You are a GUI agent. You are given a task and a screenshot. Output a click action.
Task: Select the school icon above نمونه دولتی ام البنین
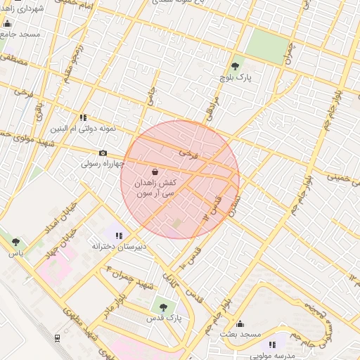[x=83, y=118]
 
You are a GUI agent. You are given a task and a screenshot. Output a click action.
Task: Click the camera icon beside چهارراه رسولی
[x=103, y=153]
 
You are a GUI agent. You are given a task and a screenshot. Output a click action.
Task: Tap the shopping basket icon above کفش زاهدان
[x=155, y=172]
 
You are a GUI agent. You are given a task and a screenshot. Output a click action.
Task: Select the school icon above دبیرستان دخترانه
[x=119, y=236]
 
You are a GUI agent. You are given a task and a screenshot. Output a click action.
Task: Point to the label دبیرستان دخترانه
[x=120, y=247]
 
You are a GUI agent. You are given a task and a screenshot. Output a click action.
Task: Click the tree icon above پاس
[x=15, y=242]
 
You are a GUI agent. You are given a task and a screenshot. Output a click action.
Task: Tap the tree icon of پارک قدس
[x=163, y=307]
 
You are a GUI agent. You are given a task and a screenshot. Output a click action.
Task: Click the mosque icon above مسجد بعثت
[x=240, y=324]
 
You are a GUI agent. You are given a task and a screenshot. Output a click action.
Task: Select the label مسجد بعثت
[x=241, y=335]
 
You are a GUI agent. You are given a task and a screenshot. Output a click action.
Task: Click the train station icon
[x=57, y=338]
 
